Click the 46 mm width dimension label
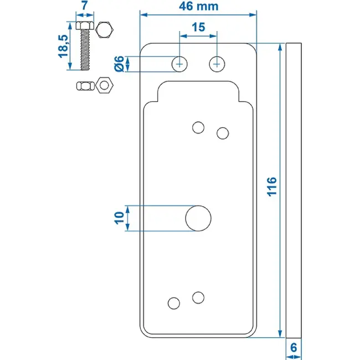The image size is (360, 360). (x=199, y=7)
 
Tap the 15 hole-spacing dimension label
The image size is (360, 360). (x=198, y=27)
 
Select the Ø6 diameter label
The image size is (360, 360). (x=119, y=64)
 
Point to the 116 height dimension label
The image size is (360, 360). (x=272, y=187)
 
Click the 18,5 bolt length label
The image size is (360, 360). (x=63, y=46)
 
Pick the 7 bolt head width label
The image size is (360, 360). (x=85, y=6)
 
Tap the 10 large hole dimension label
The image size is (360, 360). (x=119, y=218)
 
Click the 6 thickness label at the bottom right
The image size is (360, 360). (x=294, y=348)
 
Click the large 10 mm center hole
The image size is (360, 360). (x=198, y=218)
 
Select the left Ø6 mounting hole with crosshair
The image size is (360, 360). (x=179, y=64)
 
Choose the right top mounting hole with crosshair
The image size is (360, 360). (x=217, y=64)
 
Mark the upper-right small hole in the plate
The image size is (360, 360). (x=223, y=133)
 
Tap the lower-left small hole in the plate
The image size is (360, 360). (x=174, y=304)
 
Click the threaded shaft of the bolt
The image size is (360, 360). (x=85, y=50)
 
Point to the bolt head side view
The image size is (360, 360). (x=85, y=25)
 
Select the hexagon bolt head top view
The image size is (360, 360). (x=104, y=30)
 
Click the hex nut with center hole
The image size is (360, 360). (x=104, y=85)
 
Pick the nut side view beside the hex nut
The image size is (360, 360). (x=85, y=86)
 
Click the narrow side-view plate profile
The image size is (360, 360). (x=294, y=191)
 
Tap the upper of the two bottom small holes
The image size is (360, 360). (x=198, y=297)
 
